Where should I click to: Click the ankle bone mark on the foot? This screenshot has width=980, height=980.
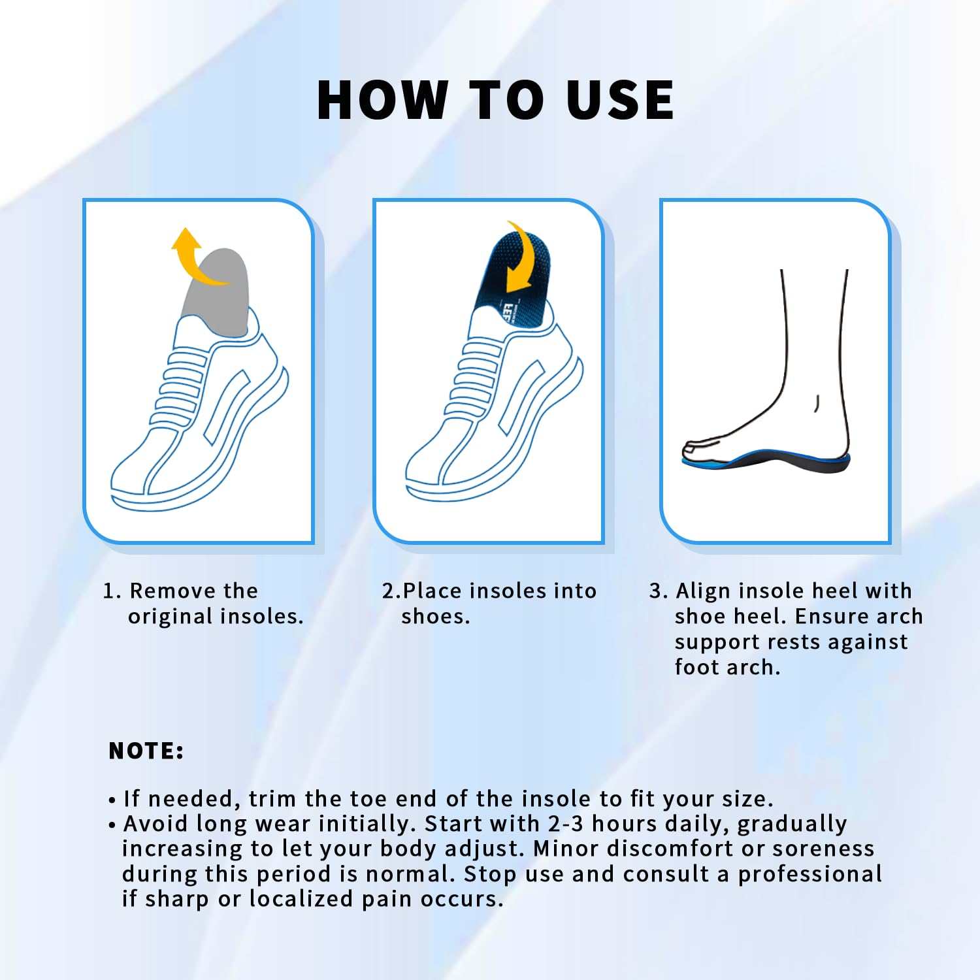click(817, 403)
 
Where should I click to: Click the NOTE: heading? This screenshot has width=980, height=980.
click(146, 751)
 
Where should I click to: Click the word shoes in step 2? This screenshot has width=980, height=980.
click(434, 616)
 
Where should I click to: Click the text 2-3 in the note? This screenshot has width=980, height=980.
click(566, 823)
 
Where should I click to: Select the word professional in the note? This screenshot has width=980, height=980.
click(810, 874)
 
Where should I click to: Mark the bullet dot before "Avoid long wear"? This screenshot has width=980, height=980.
click(112, 825)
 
